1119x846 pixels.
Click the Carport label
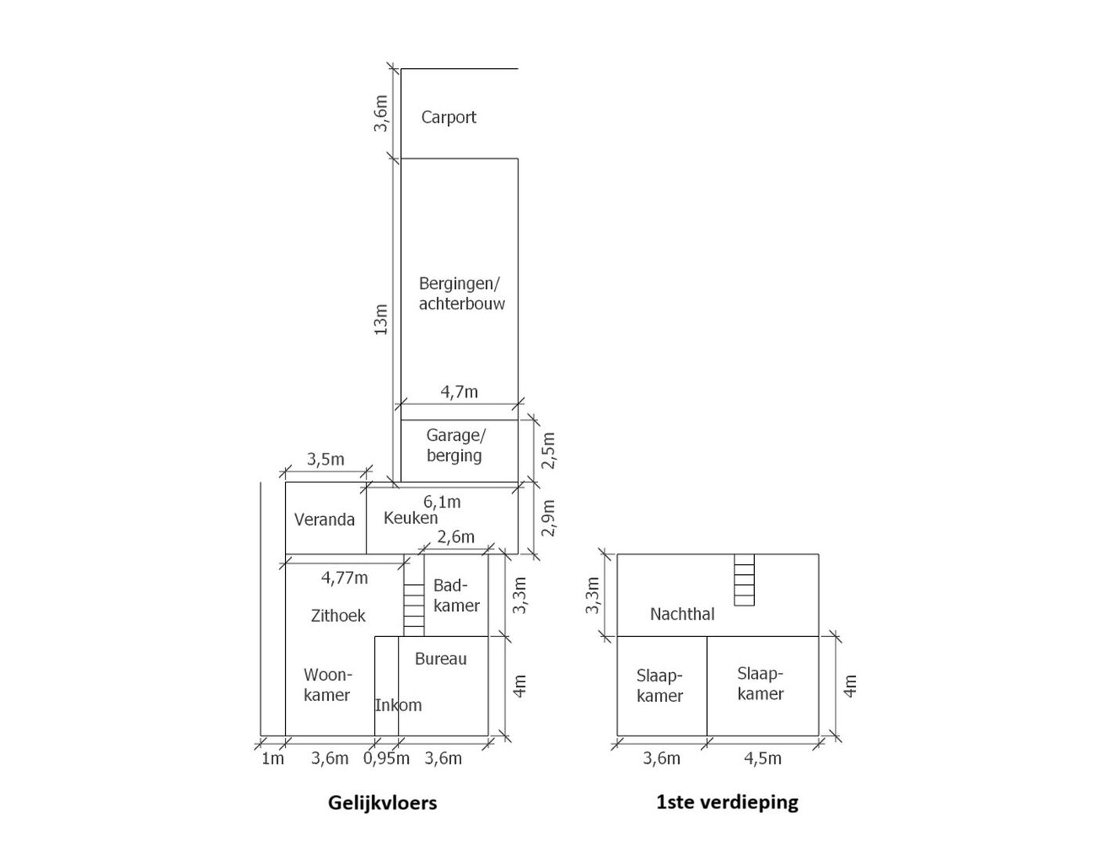coord(448,117)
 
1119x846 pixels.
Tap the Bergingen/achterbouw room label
coord(461,293)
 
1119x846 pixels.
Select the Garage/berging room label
coord(455,445)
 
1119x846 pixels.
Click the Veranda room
coord(324,519)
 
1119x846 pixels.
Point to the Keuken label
coord(410,518)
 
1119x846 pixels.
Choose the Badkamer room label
coord(457,595)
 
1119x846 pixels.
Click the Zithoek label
coord(338,616)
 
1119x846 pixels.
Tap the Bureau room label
coord(440,659)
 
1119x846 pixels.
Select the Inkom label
coord(398,705)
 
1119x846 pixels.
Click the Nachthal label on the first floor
coord(682,614)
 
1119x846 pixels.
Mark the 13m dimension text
coord(381,320)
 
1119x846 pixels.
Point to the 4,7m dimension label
coord(459,392)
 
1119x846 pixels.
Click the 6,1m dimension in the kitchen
coord(442,502)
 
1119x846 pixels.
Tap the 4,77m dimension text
coord(344,578)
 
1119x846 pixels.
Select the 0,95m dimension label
coord(386,758)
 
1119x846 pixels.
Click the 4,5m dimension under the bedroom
coord(762,758)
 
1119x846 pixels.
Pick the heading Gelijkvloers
coord(382,803)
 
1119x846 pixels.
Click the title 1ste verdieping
coord(727,802)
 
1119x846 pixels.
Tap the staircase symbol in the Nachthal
coord(744,580)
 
